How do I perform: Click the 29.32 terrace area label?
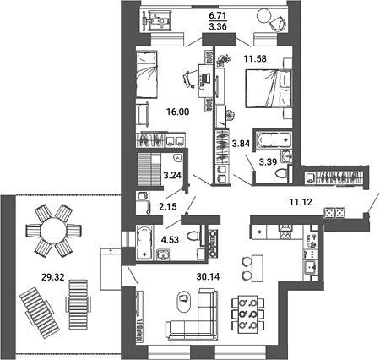click(x=53, y=277)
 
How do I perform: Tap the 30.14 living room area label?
click(x=208, y=277)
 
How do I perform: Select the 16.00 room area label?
click(x=177, y=112)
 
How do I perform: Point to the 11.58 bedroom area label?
click(x=255, y=59)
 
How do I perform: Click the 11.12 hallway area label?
click(x=301, y=202)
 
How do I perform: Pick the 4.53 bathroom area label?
click(x=170, y=240)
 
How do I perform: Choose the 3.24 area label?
click(x=172, y=175)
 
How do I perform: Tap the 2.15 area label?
click(x=167, y=207)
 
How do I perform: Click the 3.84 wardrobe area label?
click(x=241, y=144)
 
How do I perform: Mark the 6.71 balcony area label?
click(x=218, y=15)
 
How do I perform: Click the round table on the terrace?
click(x=53, y=231)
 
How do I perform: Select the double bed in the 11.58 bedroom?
click(x=269, y=89)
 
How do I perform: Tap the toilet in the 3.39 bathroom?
click(x=282, y=173)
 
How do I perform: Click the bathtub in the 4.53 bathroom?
click(x=144, y=243)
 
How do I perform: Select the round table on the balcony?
click(x=264, y=15)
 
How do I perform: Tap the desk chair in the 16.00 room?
click(x=190, y=79)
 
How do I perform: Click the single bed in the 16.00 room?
click(x=146, y=74)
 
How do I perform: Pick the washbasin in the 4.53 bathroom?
click(x=164, y=255)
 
